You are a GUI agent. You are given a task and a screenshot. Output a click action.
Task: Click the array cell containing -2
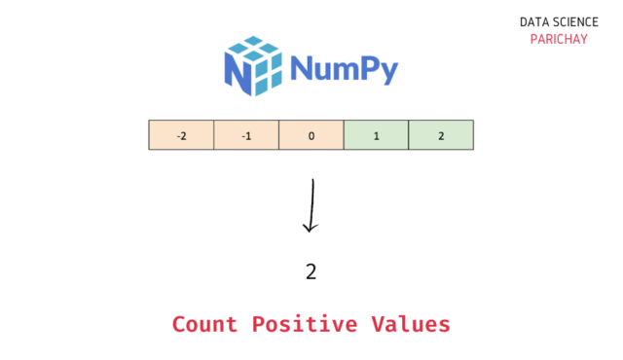tap(181, 135)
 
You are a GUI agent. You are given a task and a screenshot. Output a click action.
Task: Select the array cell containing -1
tap(246, 135)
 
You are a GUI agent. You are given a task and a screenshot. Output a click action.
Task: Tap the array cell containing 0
tap(311, 135)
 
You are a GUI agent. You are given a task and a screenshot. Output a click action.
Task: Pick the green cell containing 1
tap(376, 135)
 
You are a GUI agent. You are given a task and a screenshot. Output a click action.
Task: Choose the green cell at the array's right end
tap(441, 135)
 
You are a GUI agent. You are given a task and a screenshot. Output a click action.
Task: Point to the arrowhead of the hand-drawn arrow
tap(311, 228)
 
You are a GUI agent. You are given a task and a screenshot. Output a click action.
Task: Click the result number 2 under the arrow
tap(311, 271)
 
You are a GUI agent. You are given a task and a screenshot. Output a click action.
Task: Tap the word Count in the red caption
tap(204, 324)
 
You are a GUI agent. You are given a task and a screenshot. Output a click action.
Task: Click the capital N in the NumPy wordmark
tap(302, 68)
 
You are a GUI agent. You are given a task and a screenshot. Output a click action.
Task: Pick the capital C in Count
tap(180, 324)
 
